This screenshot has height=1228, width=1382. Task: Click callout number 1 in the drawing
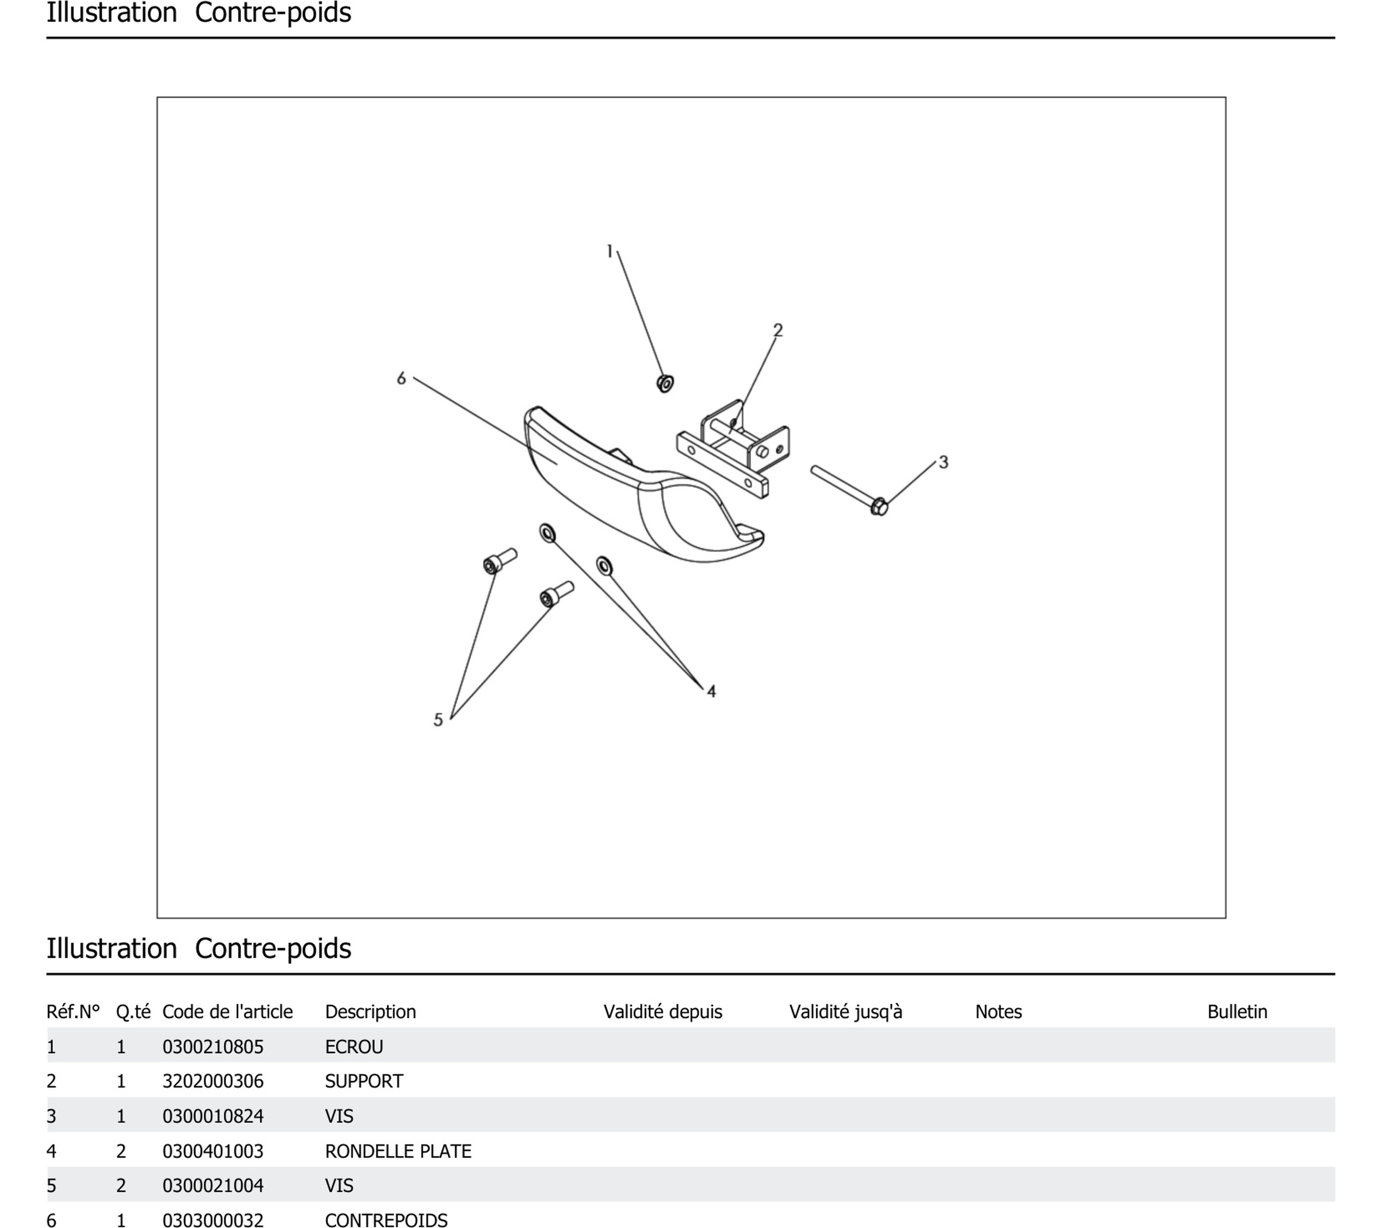coord(609,252)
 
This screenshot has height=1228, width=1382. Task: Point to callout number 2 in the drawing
coord(778,330)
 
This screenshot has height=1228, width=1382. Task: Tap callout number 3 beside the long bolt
coord(944,463)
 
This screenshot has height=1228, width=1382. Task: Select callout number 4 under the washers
coord(711,691)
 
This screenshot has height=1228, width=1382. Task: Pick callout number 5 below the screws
coord(438,720)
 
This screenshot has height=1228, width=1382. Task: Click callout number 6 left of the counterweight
coord(401,379)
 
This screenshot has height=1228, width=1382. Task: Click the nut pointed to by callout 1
coord(666,383)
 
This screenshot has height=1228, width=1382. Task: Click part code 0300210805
coord(213,1047)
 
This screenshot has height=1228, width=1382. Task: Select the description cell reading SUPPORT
coord(364,1081)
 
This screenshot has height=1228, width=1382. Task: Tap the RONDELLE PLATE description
coord(398,1151)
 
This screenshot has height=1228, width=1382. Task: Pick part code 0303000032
coord(213,1220)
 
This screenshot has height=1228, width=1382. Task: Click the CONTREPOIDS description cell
coord(386,1220)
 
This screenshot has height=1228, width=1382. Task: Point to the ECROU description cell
coord(354,1047)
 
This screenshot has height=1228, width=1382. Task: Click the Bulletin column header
coord(1237,1011)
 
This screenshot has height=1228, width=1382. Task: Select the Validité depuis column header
coord(663,1011)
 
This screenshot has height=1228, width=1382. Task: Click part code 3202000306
coord(213,1081)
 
